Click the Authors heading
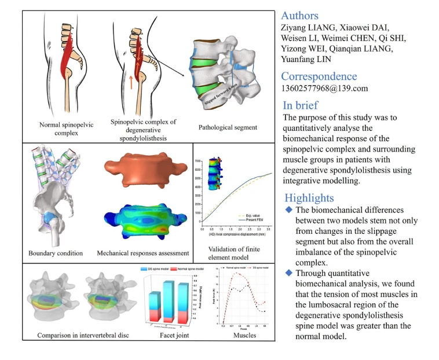click(299, 16)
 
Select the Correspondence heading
click(319, 76)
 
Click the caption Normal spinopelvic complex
click(58, 128)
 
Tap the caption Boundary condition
click(56, 253)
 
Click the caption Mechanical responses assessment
click(142, 253)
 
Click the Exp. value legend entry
click(251, 215)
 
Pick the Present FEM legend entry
click(253, 219)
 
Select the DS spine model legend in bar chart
click(162, 270)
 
